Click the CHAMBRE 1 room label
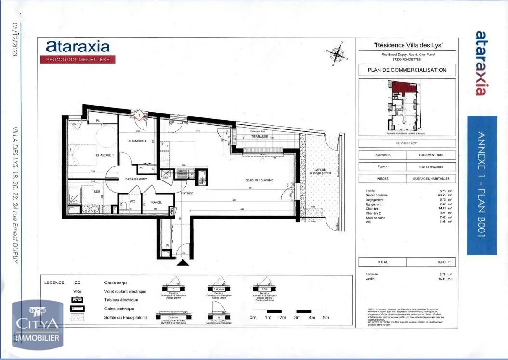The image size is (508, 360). click(104, 155)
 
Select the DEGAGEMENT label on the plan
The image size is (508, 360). click(136, 179)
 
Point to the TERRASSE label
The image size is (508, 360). click(261, 137)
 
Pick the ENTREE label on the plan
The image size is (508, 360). click(187, 193)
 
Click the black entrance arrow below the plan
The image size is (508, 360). click(183, 262)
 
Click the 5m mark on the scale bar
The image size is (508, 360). click(326, 317)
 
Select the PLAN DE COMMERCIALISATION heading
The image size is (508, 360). click(407, 70)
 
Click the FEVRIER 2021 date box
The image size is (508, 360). click(407, 143)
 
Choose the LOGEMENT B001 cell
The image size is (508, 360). click(431, 155)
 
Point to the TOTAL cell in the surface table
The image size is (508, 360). click(383, 262)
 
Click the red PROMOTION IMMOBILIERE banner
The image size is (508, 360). click(78, 59)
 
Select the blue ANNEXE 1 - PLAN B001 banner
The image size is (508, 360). click(482, 185)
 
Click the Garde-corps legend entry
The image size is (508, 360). click(115, 283)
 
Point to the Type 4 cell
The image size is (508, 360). click(383, 167)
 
